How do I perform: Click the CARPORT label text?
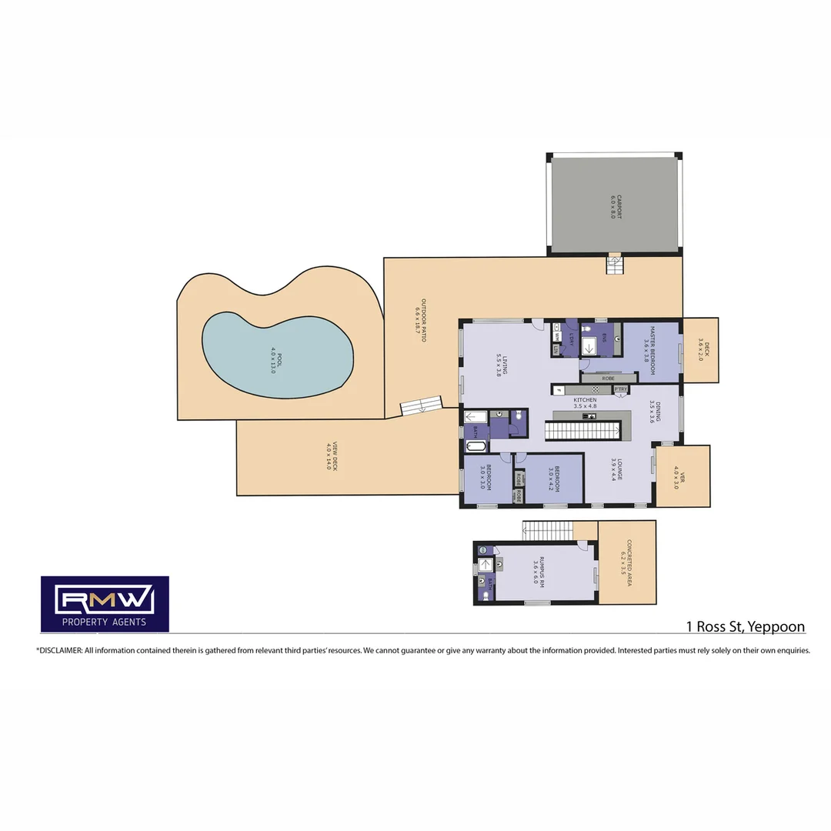click(x=614, y=207)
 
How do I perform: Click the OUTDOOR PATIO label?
click(x=420, y=319)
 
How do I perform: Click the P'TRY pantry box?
click(x=621, y=390)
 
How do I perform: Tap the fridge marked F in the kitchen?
click(x=559, y=390)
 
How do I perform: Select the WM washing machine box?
click(x=556, y=337)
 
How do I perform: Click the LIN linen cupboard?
click(x=556, y=350)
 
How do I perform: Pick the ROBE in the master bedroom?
click(x=608, y=379)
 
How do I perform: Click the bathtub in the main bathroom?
click(x=476, y=446)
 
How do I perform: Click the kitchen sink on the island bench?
click(x=589, y=416)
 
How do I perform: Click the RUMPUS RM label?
click(x=542, y=572)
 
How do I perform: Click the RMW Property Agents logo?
click(x=105, y=604)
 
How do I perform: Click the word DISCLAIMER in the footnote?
click(x=59, y=650)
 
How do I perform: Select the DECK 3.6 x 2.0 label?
click(x=700, y=350)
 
